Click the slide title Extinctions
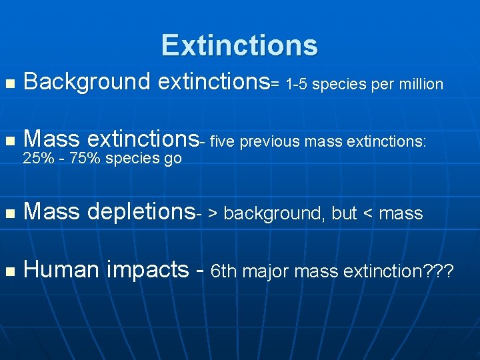tap(239, 45)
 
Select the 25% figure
tap(38, 159)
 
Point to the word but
tap(344, 213)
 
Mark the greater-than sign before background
tap(213, 214)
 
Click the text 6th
tap(223, 271)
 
